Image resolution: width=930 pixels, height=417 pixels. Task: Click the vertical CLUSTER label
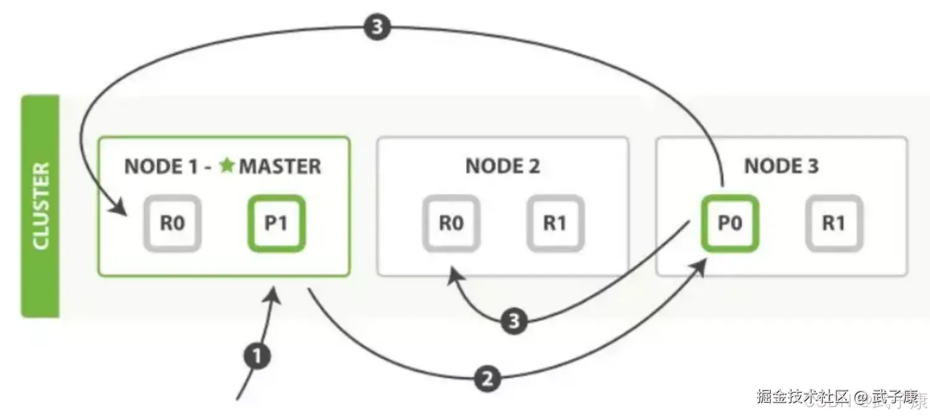40,206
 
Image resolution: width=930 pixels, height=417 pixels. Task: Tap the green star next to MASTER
228,165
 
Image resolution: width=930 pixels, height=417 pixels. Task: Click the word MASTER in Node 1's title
280,166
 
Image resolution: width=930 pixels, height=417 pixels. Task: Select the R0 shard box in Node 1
172,223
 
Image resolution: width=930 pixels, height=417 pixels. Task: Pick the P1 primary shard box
277,223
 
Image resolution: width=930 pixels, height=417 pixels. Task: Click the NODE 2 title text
502,166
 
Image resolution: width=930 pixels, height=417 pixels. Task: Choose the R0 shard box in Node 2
451,223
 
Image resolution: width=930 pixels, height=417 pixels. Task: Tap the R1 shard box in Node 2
555,223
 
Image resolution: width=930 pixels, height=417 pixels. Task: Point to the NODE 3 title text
781,166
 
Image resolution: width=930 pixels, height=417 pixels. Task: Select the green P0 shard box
730,223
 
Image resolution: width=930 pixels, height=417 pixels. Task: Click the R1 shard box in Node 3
834,223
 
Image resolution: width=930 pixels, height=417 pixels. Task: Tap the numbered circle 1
257,357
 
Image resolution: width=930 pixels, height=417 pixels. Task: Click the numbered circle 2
487,379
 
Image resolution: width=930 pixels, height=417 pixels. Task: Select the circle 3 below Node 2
513,321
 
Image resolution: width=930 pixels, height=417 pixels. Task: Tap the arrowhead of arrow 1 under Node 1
274,295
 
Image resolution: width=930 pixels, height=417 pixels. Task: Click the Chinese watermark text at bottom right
837,397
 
